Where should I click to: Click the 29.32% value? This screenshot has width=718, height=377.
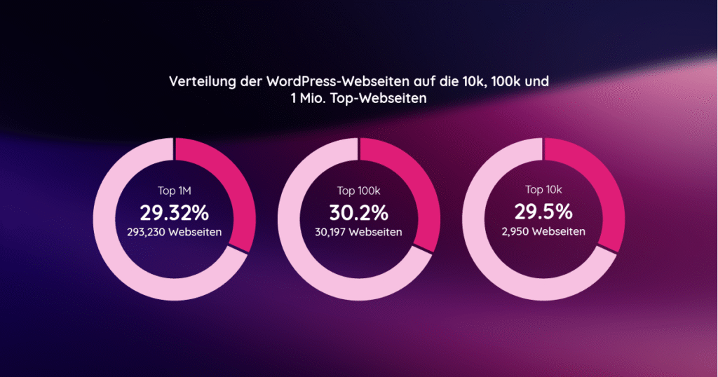[175, 212]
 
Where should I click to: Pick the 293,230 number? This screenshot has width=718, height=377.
[149, 232]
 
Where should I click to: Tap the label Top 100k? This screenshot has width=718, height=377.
[359, 190]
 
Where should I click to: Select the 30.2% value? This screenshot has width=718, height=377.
[359, 212]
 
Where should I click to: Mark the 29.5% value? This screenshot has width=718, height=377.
[544, 212]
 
